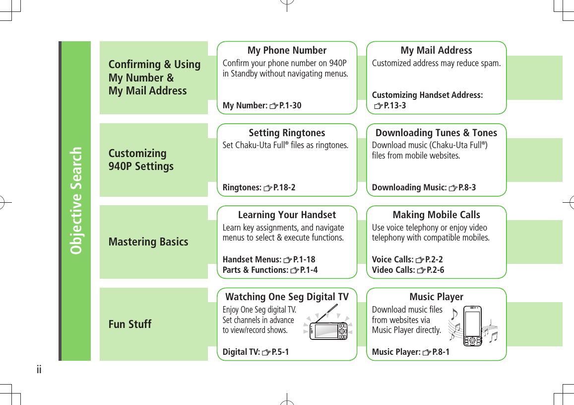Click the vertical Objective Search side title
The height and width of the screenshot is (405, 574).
76,200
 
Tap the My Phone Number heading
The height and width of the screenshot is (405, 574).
287,50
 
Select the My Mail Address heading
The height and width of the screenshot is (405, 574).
436,50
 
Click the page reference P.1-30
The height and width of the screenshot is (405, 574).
290,105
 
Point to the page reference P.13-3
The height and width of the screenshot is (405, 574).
395,105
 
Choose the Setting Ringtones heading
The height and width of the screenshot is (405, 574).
287,133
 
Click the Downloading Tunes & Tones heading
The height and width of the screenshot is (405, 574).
436,133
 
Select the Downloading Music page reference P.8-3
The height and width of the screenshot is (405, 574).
466,187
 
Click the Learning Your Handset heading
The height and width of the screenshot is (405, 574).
287,215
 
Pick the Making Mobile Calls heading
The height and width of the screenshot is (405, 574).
436,215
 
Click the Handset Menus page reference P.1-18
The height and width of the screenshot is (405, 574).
304,259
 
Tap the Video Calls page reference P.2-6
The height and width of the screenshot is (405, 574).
435,270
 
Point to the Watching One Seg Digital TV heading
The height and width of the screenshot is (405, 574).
287,297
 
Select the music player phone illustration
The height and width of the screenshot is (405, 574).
473,326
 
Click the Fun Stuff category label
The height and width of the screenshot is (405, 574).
130,324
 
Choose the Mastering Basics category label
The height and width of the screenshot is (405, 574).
148,242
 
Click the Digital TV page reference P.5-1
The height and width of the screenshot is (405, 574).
280,352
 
